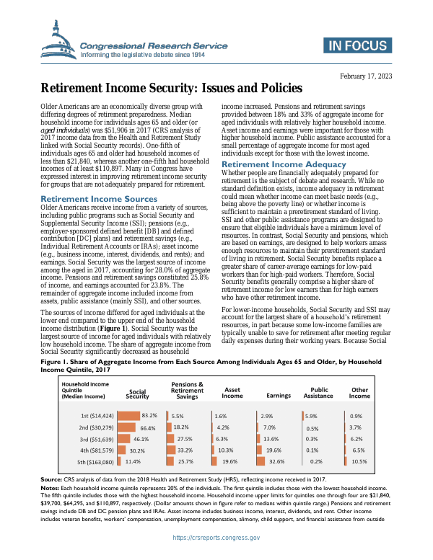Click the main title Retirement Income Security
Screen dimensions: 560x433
click(x=171, y=89)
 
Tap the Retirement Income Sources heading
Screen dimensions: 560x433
click(x=99, y=198)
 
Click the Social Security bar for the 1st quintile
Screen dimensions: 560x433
click(x=128, y=416)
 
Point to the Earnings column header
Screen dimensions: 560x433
click(x=279, y=395)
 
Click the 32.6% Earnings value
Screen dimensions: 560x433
click(x=276, y=461)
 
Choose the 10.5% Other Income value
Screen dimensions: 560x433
click(x=359, y=461)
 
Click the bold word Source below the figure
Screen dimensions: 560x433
click(x=51, y=479)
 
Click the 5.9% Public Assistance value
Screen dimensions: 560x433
click(x=312, y=416)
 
